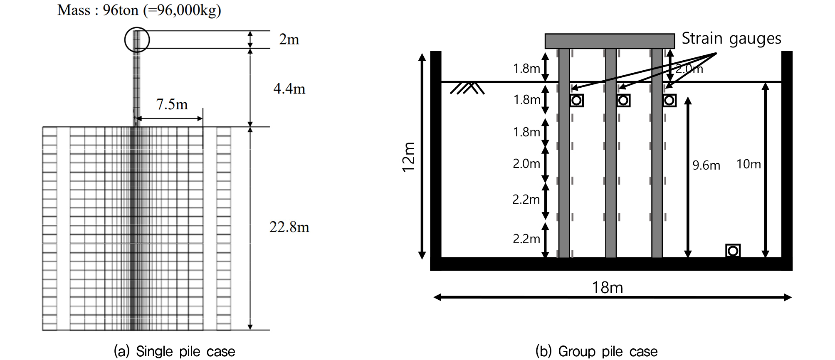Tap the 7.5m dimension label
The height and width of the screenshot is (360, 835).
[x=172, y=104]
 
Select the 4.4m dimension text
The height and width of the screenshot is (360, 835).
[x=289, y=88]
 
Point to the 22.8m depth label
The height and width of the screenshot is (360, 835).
[x=289, y=227]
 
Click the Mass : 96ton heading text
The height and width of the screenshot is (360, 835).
[x=139, y=10]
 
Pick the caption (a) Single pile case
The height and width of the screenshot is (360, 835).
[x=174, y=351]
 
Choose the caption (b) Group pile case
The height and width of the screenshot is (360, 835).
[x=596, y=351]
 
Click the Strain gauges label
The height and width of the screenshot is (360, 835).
[x=731, y=38]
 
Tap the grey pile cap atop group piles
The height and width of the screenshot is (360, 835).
[x=610, y=41]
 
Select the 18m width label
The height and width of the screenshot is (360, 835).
[x=607, y=287]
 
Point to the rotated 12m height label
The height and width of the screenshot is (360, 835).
[x=409, y=157]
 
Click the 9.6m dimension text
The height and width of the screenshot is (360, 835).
[x=706, y=165]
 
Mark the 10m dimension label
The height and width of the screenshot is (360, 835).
[x=749, y=164]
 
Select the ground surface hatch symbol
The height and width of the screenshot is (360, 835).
[x=467, y=88]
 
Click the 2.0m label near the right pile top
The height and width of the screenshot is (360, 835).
[x=689, y=69]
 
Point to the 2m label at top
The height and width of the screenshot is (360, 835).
[x=289, y=39]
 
